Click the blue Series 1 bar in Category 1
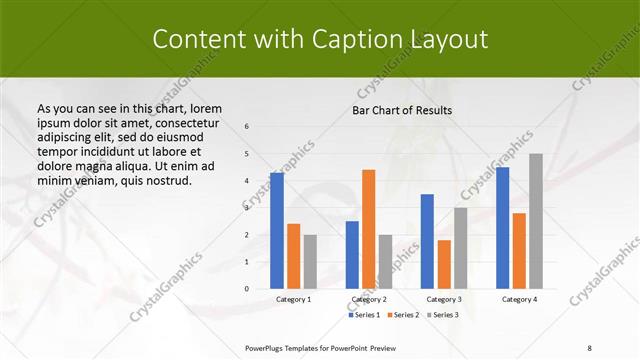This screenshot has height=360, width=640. [277, 231]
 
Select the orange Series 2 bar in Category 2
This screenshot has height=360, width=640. [368, 229]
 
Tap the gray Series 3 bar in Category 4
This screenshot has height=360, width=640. [536, 221]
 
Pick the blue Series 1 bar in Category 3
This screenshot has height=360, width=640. [427, 241]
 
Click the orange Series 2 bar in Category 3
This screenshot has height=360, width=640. [444, 264]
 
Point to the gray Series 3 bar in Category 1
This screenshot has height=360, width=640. [310, 262]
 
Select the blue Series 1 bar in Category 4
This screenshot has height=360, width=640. [502, 228]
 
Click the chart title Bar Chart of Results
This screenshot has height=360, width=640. [402, 110]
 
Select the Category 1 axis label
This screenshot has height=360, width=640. [293, 299]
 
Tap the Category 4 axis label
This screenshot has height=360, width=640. [519, 299]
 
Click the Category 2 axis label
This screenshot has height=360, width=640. [368, 299]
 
